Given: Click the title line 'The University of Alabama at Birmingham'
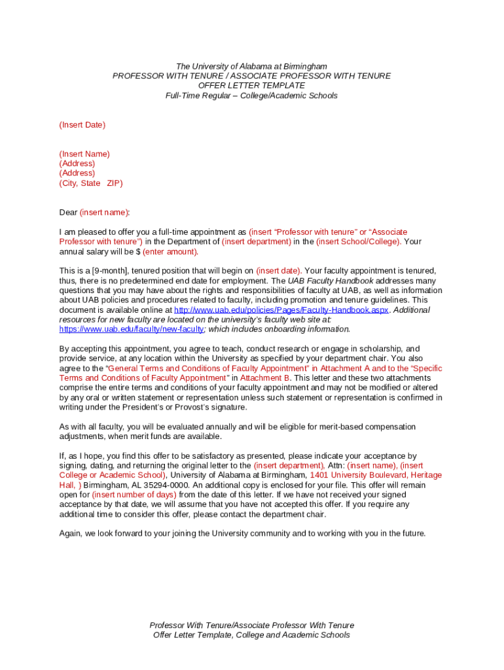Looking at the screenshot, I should (251, 67).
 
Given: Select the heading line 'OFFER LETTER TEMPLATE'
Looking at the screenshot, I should (251, 86).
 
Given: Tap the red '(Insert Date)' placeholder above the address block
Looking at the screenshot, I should (82, 125).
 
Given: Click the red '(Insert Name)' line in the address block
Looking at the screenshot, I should (84, 154).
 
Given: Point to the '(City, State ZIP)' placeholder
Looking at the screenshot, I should (91, 184).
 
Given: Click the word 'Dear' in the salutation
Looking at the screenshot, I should (68, 213).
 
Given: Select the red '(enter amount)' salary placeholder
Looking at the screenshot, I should (170, 252).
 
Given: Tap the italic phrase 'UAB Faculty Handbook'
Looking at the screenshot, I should (331, 281).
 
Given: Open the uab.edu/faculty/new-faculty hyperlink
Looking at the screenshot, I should (131, 329).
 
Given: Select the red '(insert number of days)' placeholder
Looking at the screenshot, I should (134, 495).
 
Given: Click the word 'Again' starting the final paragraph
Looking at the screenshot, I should (71, 534).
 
